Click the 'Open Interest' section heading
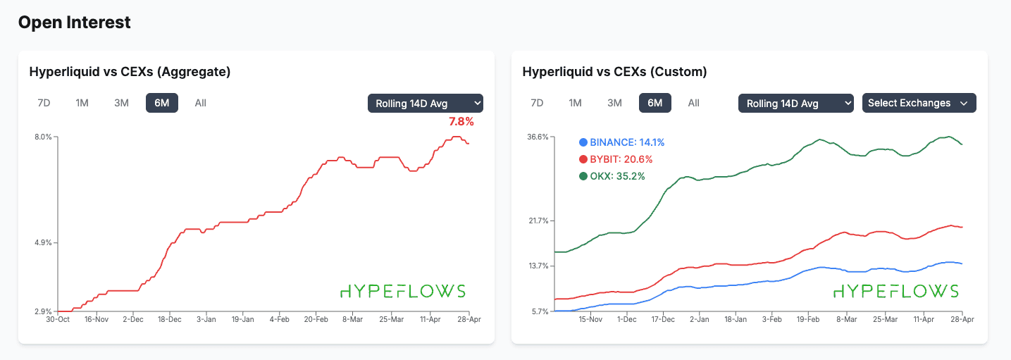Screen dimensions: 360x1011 [74, 23]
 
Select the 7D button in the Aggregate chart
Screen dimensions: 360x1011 [44, 103]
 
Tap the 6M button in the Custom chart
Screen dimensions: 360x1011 [655, 103]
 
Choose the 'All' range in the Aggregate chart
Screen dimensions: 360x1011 [200, 103]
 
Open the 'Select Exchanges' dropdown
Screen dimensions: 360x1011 [919, 103]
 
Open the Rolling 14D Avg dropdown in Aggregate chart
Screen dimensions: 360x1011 [425, 103]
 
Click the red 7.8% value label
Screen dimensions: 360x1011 [461, 122]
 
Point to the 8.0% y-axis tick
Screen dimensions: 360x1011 [43, 137]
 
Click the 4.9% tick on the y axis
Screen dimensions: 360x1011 [43, 243]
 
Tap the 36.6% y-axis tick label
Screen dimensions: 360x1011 [538, 137]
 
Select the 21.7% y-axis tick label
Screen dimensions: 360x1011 [538, 221]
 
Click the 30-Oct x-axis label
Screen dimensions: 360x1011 [57, 319]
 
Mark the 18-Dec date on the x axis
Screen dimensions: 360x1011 [169, 319]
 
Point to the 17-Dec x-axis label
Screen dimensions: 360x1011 [662, 319]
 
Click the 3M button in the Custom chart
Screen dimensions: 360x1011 [614, 103]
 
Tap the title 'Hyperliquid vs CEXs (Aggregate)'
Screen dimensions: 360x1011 [130, 72]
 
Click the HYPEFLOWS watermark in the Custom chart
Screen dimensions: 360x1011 [896, 291]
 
